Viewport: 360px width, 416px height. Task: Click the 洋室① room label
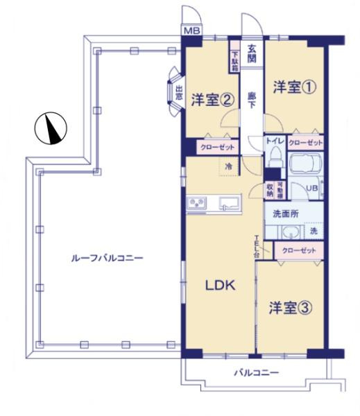291,87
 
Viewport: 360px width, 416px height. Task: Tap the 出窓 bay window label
178,93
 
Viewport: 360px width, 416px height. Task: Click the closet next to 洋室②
218,148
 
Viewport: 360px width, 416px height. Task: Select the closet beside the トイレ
305,142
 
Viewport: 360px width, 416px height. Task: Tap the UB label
311,188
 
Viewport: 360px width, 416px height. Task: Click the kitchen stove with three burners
198,202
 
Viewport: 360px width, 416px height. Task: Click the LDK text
220,285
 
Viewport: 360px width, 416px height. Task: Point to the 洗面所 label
285,214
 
